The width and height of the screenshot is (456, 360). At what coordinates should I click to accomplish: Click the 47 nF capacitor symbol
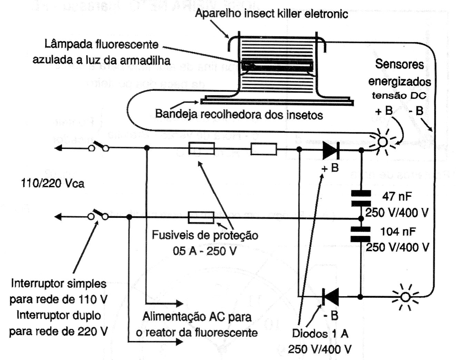click(x=361, y=198)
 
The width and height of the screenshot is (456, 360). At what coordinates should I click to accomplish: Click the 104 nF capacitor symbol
click(x=361, y=234)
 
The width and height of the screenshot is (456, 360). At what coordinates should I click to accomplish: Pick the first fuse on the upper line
click(x=202, y=149)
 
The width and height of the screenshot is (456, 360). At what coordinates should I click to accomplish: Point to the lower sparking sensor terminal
click(x=406, y=297)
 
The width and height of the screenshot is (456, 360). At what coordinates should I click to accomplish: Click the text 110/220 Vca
click(x=52, y=183)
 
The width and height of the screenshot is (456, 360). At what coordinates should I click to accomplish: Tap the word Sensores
click(x=399, y=64)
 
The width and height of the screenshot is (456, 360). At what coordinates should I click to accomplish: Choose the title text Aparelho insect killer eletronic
click(x=271, y=14)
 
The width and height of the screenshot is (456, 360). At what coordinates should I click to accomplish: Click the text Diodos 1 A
click(x=320, y=333)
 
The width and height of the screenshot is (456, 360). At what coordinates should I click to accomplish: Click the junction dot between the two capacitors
click(x=361, y=218)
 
